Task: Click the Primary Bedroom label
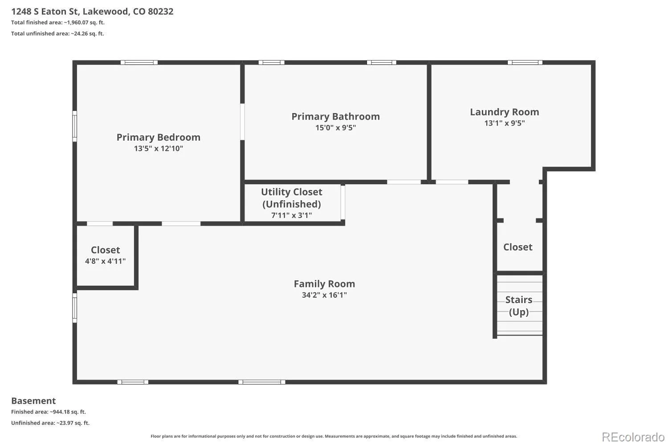pyautogui.click(x=159, y=137)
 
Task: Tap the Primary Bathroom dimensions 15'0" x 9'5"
pyautogui.click(x=336, y=128)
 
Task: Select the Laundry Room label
pyautogui.click(x=505, y=112)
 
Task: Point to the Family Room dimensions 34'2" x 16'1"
pyautogui.click(x=325, y=295)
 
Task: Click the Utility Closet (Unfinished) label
pyautogui.click(x=292, y=198)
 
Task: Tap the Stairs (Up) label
pyautogui.click(x=519, y=306)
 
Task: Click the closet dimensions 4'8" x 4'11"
pyautogui.click(x=105, y=261)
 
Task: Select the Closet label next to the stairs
pyautogui.click(x=518, y=247)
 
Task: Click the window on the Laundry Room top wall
pyautogui.click(x=525, y=63)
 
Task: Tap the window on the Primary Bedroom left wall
pyautogui.click(x=75, y=126)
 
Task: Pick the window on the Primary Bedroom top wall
pyautogui.click(x=139, y=63)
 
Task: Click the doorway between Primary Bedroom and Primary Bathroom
pyautogui.click(x=242, y=121)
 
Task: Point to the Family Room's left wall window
pyautogui.click(x=75, y=307)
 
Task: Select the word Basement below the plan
pyautogui.click(x=33, y=400)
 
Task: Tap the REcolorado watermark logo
pyautogui.click(x=633, y=437)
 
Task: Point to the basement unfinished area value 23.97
pyautogui.click(x=66, y=423)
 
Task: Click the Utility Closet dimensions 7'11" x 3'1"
pyautogui.click(x=292, y=215)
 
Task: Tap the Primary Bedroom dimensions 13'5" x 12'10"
pyautogui.click(x=159, y=149)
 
